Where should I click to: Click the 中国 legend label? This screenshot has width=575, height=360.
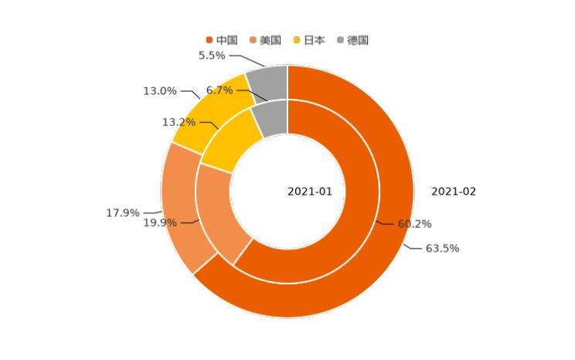click(x=227, y=40)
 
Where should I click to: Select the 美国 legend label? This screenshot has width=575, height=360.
click(x=270, y=40)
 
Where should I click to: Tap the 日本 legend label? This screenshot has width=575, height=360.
click(x=315, y=40)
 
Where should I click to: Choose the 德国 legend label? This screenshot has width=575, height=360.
click(x=358, y=40)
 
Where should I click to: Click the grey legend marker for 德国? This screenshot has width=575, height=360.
click(x=340, y=40)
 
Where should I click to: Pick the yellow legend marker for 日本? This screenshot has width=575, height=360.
click(x=297, y=40)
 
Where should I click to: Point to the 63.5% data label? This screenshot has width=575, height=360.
click(x=442, y=249)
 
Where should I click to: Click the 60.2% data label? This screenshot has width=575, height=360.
click(x=414, y=225)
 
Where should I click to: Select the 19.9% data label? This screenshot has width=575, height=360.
click(x=160, y=223)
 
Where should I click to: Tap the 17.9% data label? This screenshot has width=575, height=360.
click(x=123, y=213)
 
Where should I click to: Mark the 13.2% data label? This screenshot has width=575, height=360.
click(x=179, y=123)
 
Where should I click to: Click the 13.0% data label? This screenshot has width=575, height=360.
click(x=160, y=91)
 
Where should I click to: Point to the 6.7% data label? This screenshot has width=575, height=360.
click(x=219, y=90)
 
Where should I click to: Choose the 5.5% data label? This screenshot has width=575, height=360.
click(x=212, y=56)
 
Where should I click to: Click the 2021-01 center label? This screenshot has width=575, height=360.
click(x=310, y=192)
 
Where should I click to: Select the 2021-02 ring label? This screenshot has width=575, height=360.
click(x=454, y=192)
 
